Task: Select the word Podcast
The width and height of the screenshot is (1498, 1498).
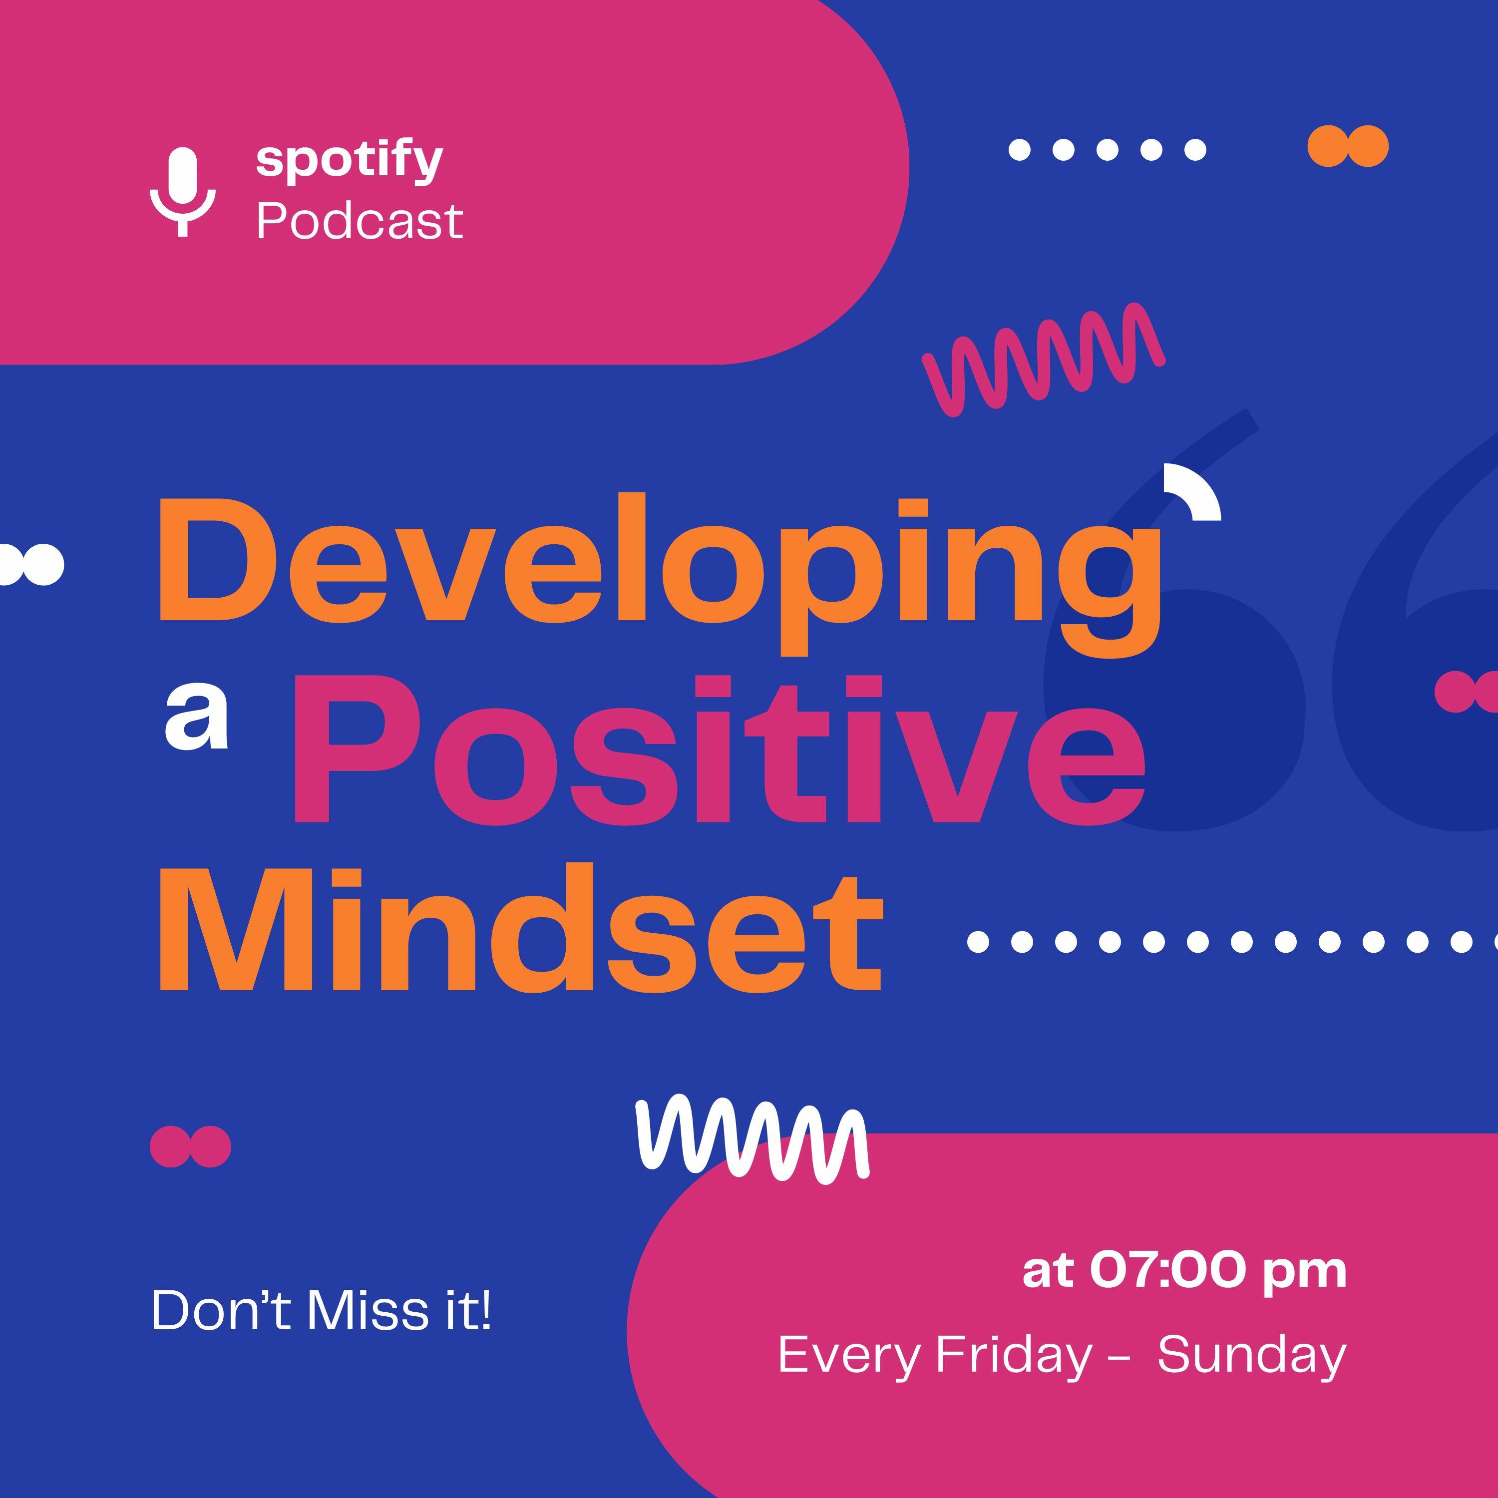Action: [x=359, y=221]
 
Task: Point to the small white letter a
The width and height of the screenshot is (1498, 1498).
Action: [x=196, y=721]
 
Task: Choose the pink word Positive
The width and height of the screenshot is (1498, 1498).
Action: [x=719, y=750]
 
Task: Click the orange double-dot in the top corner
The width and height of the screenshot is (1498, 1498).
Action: [x=1348, y=146]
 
